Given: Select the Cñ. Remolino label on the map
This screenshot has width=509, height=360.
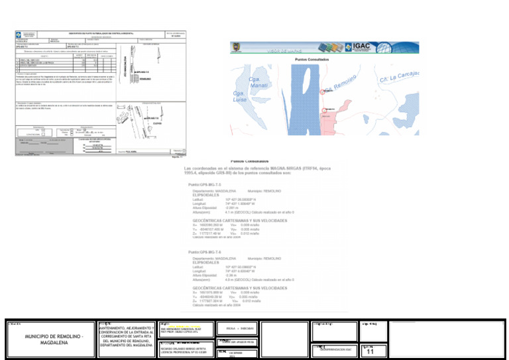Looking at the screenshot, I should coord(345,84).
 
